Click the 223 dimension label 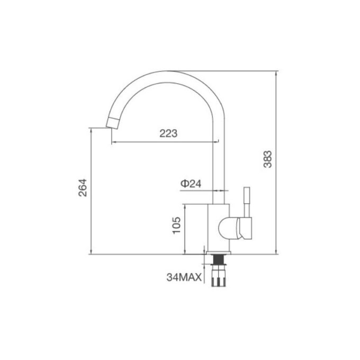click(x=168, y=134)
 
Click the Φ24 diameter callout click(x=190, y=183)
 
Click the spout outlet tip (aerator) click(x=113, y=123)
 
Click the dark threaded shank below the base click(x=218, y=259)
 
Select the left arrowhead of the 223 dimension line click(x=113, y=142)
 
